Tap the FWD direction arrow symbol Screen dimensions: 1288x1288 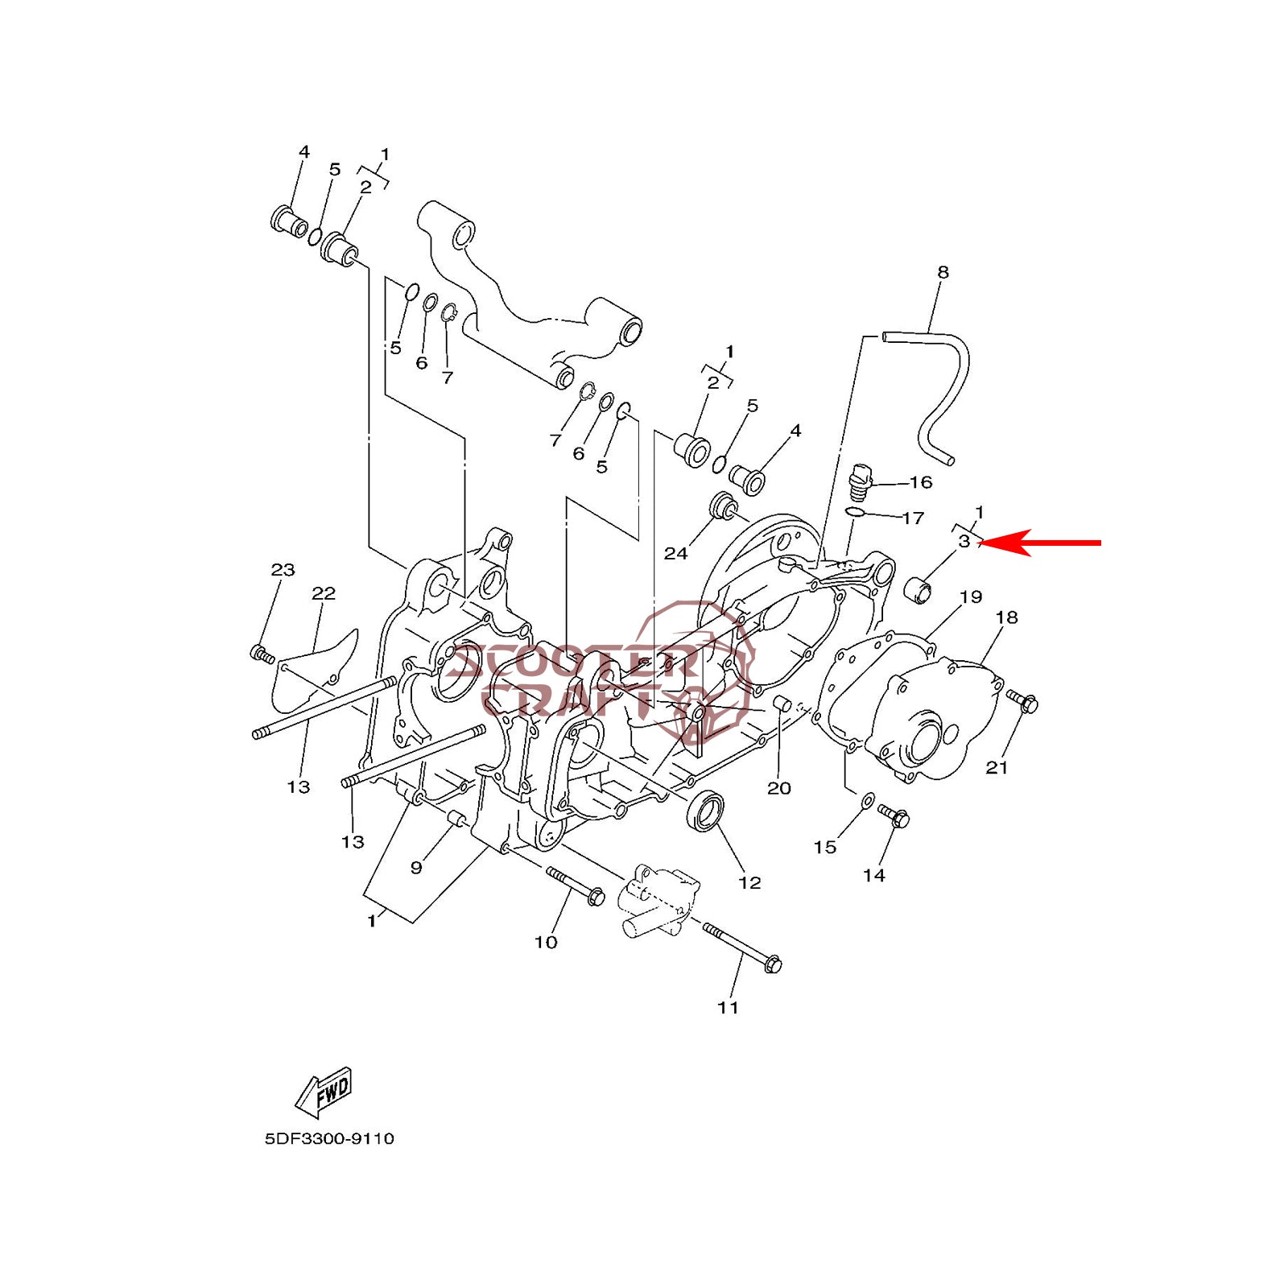[x=324, y=1092]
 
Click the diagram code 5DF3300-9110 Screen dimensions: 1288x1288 [x=329, y=1138]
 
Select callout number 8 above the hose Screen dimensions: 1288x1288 [x=943, y=272]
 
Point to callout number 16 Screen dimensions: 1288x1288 [x=920, y=482]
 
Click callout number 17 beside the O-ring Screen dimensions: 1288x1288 [x=913, y=518]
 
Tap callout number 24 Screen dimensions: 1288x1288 [x=675, y=553]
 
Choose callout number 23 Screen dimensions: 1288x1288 [x=283, y=570]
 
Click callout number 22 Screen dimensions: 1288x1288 [x=324, y=593]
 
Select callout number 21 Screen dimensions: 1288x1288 [x=997, y=767]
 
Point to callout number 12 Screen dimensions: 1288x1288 [x=749, y=882]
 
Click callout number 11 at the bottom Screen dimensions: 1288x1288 [x=728, y=1007]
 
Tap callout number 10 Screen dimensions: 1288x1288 [x=546, y=942]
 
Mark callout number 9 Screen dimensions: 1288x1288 [x=416, y=867]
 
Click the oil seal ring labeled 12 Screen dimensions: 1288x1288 [x=706, y=811]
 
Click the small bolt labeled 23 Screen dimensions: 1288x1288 [x=262, y=654]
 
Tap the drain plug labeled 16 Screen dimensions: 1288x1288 [x=861, y=480]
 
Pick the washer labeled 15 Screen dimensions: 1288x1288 [x=868, y=800]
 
